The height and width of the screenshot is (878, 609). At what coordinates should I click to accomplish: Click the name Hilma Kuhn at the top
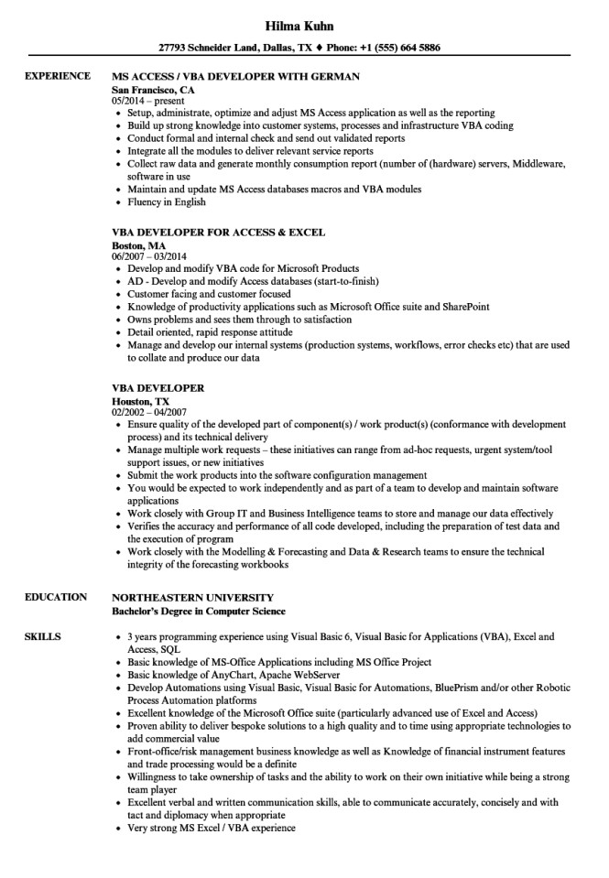point(303,25)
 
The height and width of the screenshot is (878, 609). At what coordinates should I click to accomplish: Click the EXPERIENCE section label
point(57,77)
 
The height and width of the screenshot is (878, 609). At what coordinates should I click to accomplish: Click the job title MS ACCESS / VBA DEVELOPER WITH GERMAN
point(235,77)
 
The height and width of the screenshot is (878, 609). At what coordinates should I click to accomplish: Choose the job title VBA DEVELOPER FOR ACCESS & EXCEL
point(218,233)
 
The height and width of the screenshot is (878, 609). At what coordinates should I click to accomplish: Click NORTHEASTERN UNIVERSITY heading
point(197,597)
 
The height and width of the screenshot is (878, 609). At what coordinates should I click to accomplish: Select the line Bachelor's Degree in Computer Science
point(198,611)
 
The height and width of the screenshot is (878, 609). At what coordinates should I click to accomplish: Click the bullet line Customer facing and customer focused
point(210,294)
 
